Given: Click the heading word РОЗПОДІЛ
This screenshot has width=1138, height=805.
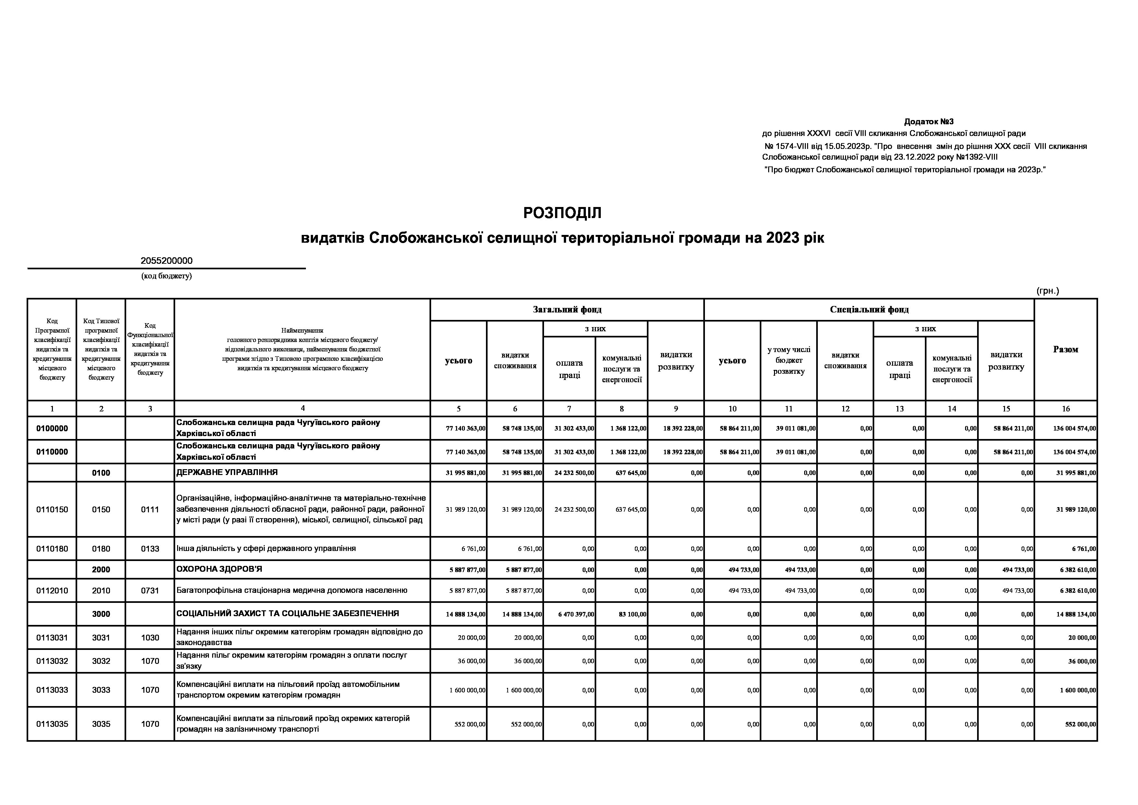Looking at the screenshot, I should (x=562, y=213).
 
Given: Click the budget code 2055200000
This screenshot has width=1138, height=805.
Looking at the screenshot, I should (x=166, y=261).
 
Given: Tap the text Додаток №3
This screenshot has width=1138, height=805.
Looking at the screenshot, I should (x=928, y=121).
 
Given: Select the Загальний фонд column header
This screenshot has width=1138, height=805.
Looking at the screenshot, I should (x=567, y=310).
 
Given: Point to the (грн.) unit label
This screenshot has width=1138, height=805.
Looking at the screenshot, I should (x=1047, y=291).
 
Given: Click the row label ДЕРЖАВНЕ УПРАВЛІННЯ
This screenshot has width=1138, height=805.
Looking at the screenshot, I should (x=227, y=472).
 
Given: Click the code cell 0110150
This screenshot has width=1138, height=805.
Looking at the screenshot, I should (x=52, y=509).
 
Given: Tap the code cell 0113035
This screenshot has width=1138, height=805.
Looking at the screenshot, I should (x=52, y=724).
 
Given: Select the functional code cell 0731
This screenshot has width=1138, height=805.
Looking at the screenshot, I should (x=150, y=591).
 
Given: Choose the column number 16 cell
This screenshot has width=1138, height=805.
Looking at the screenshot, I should (x=1066, y=409).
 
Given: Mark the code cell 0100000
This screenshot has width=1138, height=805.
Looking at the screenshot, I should (x=52, y=428).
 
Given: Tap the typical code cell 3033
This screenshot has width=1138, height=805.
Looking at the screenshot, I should (x=101, y=690).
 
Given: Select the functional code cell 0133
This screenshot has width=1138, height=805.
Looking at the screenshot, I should (x=150, y=549).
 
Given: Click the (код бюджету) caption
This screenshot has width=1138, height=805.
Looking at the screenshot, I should (x=166, y=276).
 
